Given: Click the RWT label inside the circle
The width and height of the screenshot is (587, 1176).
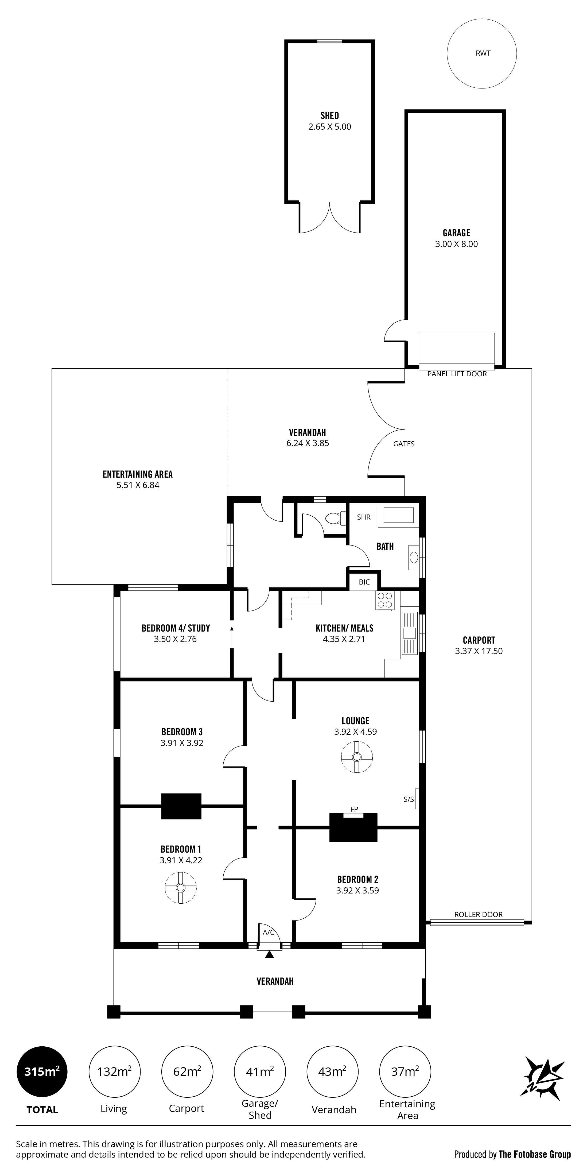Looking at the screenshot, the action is [x=483, y=53].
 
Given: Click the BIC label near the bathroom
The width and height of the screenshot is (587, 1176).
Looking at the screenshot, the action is [x=364, y=582].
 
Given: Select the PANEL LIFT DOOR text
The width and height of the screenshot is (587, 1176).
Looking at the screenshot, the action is [x=457, y=374].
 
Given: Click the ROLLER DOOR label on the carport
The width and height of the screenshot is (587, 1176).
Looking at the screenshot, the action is [x=478, y=914].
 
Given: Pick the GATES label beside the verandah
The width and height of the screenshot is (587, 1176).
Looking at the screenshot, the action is [x=404, y=444].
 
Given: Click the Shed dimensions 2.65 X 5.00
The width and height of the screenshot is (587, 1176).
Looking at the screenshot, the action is [x=329, y=127].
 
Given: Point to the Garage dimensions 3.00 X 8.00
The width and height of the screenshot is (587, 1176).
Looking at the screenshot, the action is [x=456, y=244].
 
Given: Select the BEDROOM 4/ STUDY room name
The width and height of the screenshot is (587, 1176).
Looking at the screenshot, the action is [x=176, y=628].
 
